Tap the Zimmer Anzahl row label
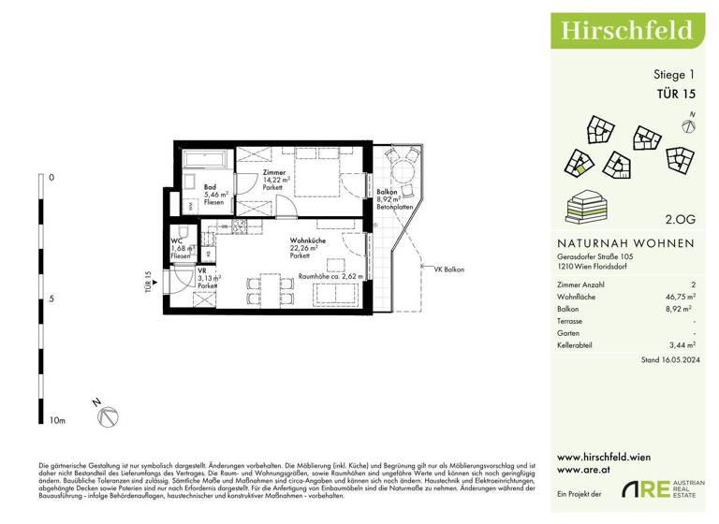coord(580,283)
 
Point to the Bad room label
coord(211,187)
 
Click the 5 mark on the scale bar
coord(51,299)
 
